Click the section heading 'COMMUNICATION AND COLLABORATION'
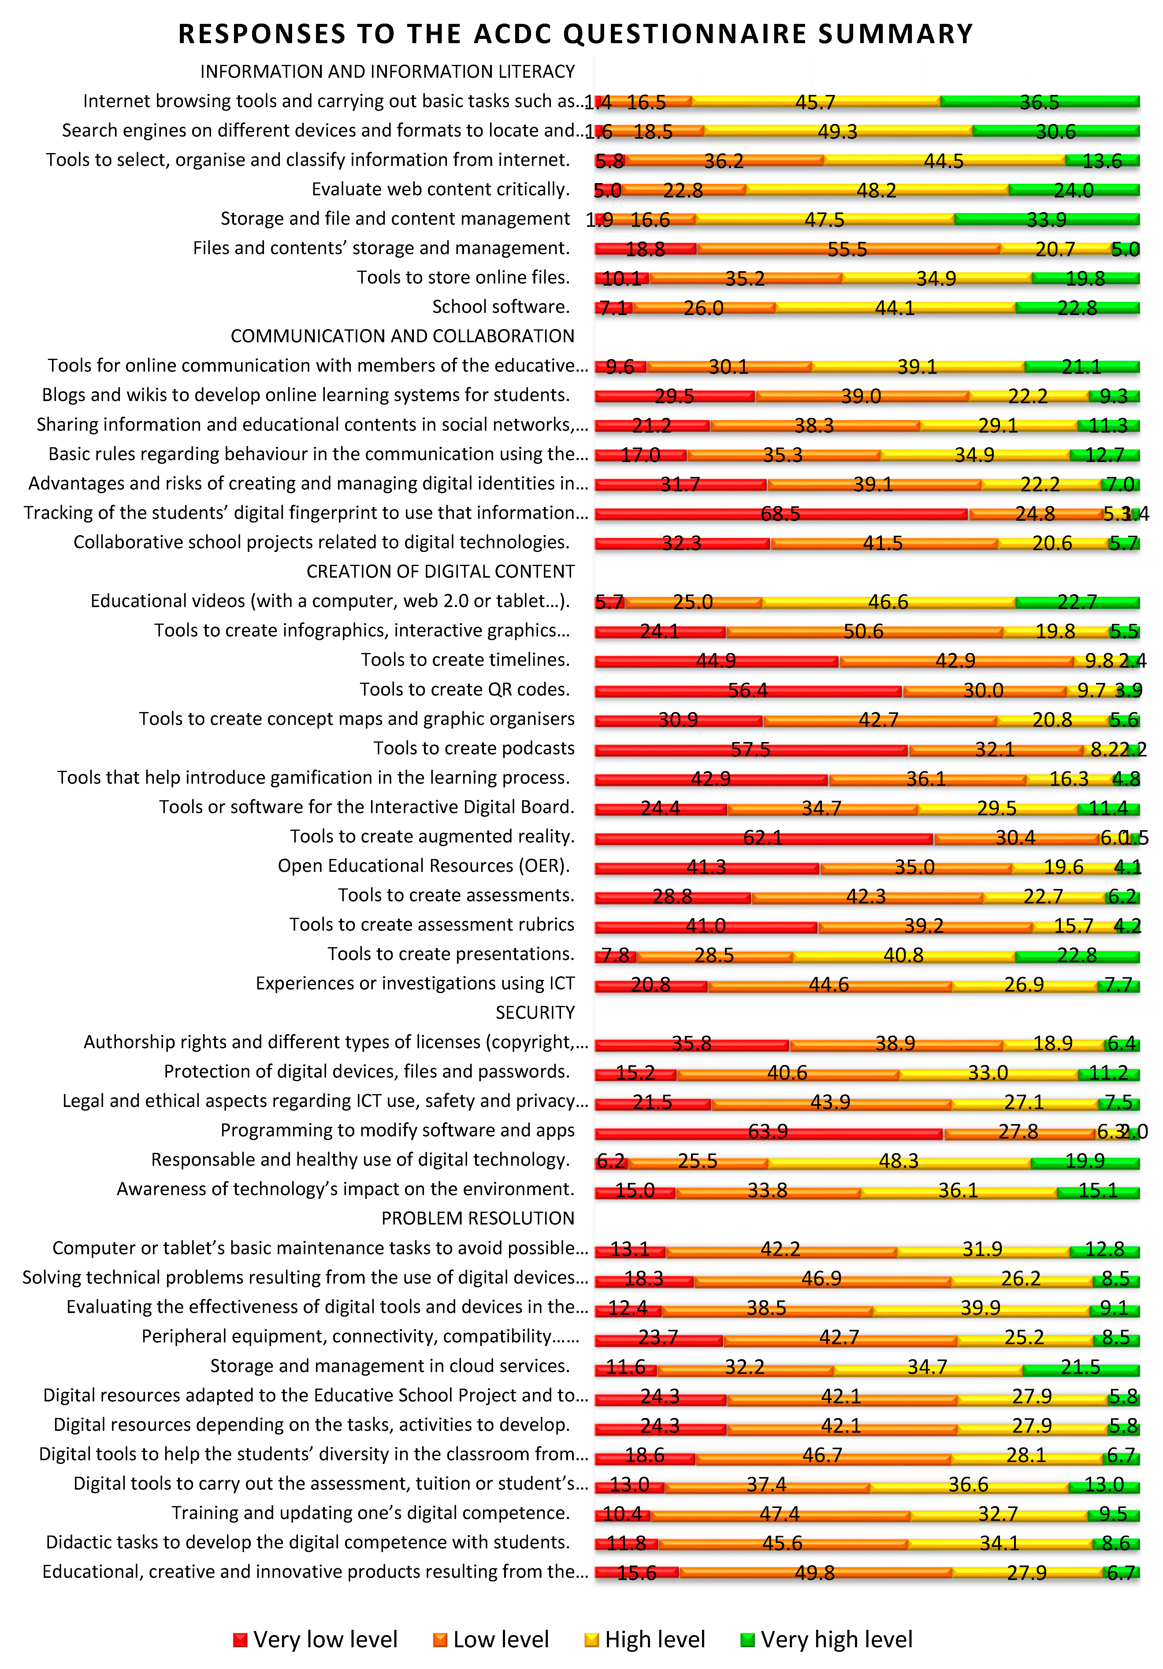click(403, 336)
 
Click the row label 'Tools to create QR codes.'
click(465, 689)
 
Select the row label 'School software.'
click(501, 307)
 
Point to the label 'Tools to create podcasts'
click(474, 748)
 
